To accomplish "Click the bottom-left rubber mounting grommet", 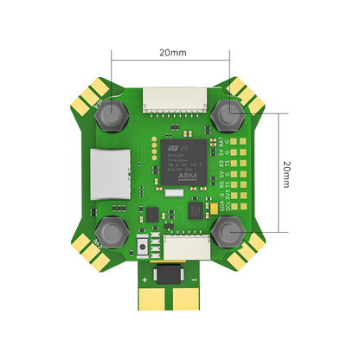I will (x=112, y=230).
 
